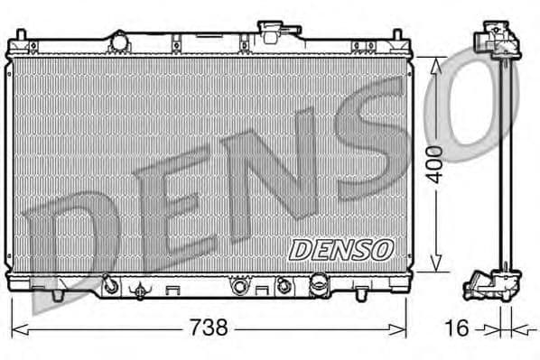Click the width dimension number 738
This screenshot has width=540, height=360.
coord(208,328)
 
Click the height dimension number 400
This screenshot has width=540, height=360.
coord(434,163)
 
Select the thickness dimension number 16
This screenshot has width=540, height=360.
coord(458,328)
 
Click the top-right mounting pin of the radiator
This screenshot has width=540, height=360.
coord(397,37)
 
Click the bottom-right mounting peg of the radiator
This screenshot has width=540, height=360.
coord(362,292)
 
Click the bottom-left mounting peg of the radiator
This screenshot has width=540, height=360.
coord(56,293)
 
